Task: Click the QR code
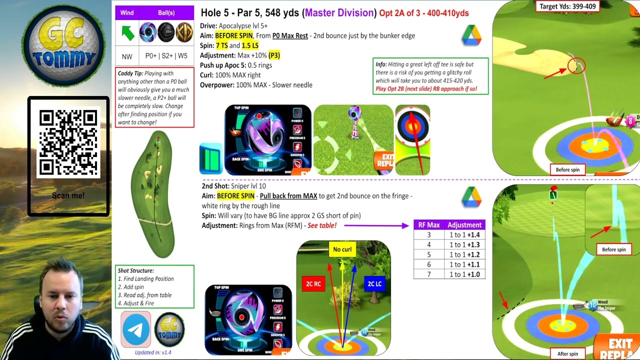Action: (x=68, y=143)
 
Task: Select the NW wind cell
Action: (x=127, y=56)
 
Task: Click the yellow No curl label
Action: (x=342, y=249)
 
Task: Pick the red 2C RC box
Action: (x=313, y=284)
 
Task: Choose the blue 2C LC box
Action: (x=374, y=284)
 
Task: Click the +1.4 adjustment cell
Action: (x=464, y=235)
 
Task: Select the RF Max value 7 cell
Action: (x=428, y=274)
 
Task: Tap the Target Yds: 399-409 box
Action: (x=567, y=6)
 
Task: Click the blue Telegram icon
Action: (x=135, y=329)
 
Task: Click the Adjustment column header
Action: (x=464, y=225)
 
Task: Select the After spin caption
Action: (x=567, y=354)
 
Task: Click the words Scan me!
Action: (x=68, y=195)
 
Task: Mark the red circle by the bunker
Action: (x=576, y=66)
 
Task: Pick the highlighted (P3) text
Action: (x=274, y=55)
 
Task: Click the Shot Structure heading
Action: (x=135, y=270)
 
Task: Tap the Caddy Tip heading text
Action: (x=130, y=73)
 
